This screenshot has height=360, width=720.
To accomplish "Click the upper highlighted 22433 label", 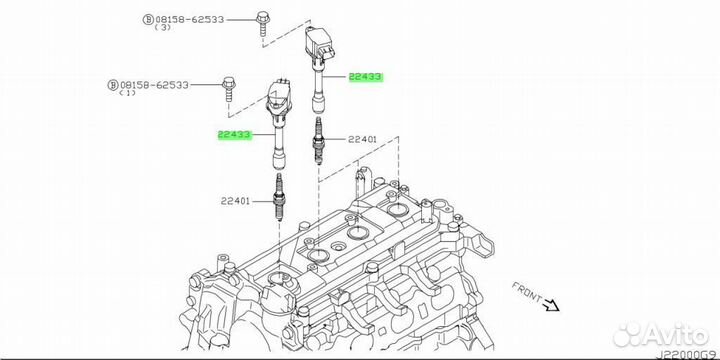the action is point(366,77).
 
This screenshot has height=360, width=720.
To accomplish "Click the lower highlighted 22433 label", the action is point(234,135).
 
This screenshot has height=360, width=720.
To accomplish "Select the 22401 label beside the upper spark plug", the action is point(362,140).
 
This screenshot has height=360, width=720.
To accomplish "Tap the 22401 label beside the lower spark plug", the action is point(235,201).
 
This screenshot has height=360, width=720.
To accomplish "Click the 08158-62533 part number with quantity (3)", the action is point(189,20).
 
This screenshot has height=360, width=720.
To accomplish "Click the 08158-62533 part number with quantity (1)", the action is point(154,85).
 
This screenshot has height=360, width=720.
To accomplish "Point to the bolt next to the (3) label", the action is point(263,23).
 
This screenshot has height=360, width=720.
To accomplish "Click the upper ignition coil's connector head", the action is point(319,45).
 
